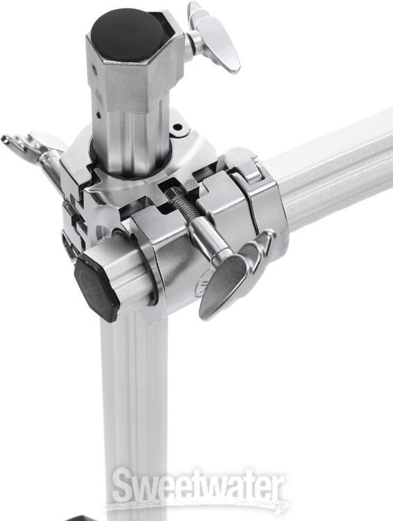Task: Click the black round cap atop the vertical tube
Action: (128, 31)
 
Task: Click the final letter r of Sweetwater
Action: (277, 490)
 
